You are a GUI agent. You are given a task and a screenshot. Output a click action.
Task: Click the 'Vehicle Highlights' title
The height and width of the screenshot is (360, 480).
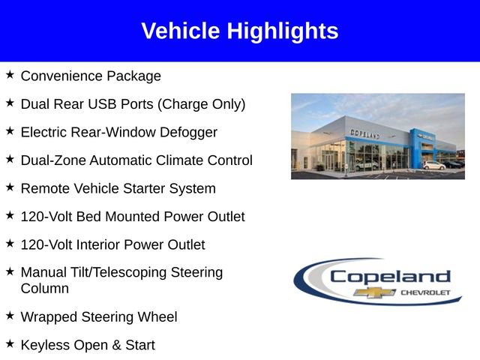[239, 31]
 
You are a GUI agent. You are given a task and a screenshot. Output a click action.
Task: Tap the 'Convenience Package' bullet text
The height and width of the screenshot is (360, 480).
[91, 76]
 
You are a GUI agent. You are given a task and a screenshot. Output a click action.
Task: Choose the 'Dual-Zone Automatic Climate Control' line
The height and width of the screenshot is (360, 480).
[136, 160]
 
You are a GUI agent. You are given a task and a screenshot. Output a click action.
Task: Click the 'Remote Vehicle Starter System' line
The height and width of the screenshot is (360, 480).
[118, 188]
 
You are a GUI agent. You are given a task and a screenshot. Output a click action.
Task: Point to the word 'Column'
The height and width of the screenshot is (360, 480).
[44, 288]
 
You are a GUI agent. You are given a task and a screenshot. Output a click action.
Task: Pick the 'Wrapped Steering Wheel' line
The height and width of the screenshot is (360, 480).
[99, 317]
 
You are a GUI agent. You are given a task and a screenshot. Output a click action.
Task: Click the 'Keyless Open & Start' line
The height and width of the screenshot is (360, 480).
[88, 345]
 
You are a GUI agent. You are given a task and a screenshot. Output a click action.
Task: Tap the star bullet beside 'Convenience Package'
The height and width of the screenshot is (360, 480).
[10, 75]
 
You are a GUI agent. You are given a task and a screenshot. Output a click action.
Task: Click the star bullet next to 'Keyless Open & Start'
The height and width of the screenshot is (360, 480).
[10, 343]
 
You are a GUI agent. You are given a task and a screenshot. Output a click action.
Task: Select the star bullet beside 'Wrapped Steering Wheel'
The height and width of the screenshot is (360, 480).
[10, 316]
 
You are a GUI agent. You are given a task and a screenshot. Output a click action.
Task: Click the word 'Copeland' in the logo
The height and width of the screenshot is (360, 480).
[390, 277]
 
